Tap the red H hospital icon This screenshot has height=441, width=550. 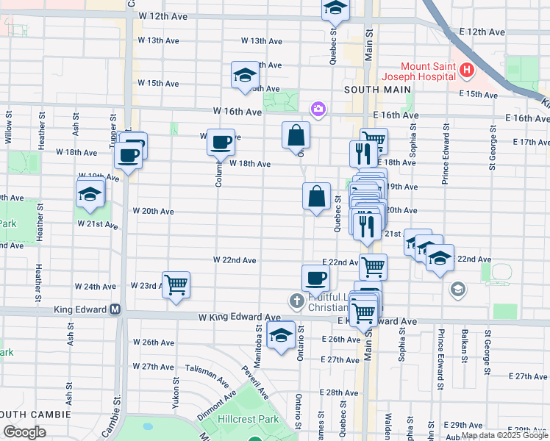point(465,71)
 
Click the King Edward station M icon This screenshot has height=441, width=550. point(115,310)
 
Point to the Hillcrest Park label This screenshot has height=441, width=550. point(248,418)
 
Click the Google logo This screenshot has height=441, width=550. point(24,432)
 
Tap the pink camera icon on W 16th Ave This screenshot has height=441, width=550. point(318,110)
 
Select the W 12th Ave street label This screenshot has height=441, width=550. point(164,15)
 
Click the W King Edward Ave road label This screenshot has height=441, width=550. point(239,318)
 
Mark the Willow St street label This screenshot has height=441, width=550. point(8,126)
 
